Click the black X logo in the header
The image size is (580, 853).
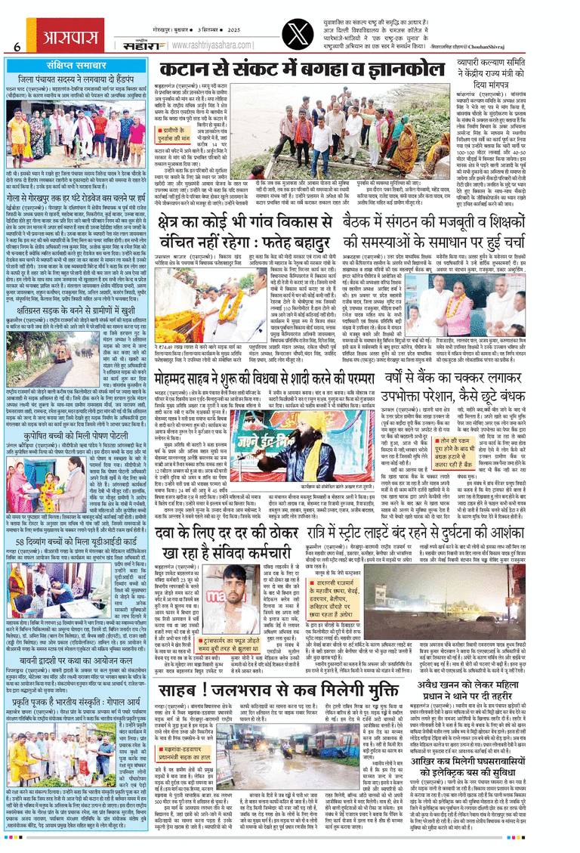307,26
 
